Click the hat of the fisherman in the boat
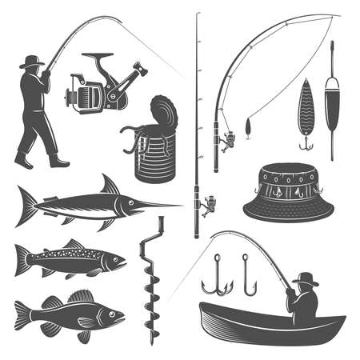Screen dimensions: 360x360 pos(304,278)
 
